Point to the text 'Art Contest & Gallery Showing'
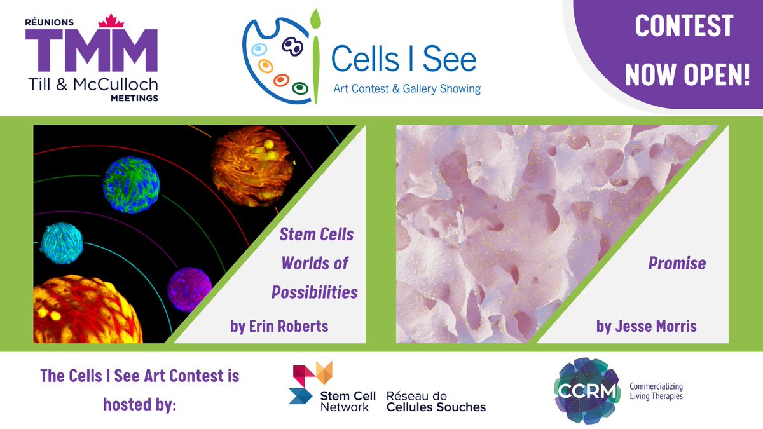pos(407,89)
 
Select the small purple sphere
pos(189,289)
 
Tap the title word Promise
pos(677,262)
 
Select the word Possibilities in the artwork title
pos(314,292)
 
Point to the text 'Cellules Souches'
pos(436,407)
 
